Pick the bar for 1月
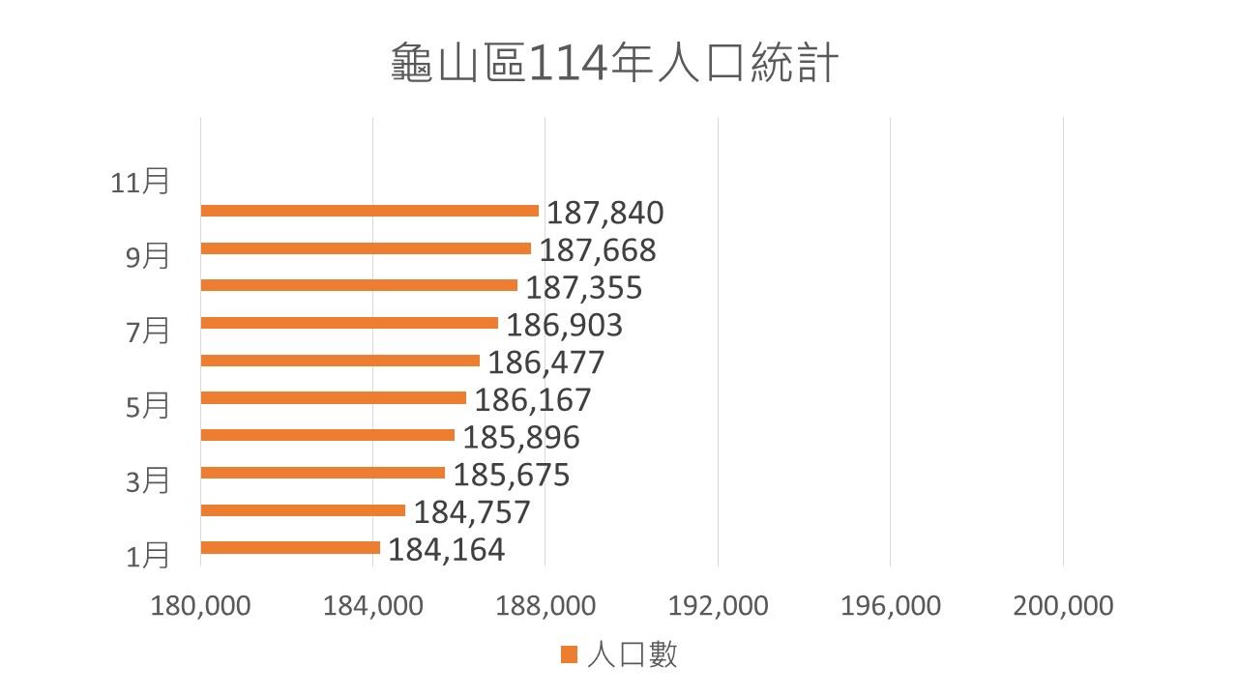point(290,548)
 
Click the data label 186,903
point(565,325)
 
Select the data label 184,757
point(472,511)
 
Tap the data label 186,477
point(545,362)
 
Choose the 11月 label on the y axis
point(139,182)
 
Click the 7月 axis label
point(148,332)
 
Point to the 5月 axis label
point(148,406)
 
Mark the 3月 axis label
point(148,480)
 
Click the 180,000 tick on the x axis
point(201,606)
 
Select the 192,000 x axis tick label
point(719,606)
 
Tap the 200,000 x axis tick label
point(1063,606)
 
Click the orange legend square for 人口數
point(568,655)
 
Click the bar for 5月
point(333,397)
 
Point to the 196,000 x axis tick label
point(891,606)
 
